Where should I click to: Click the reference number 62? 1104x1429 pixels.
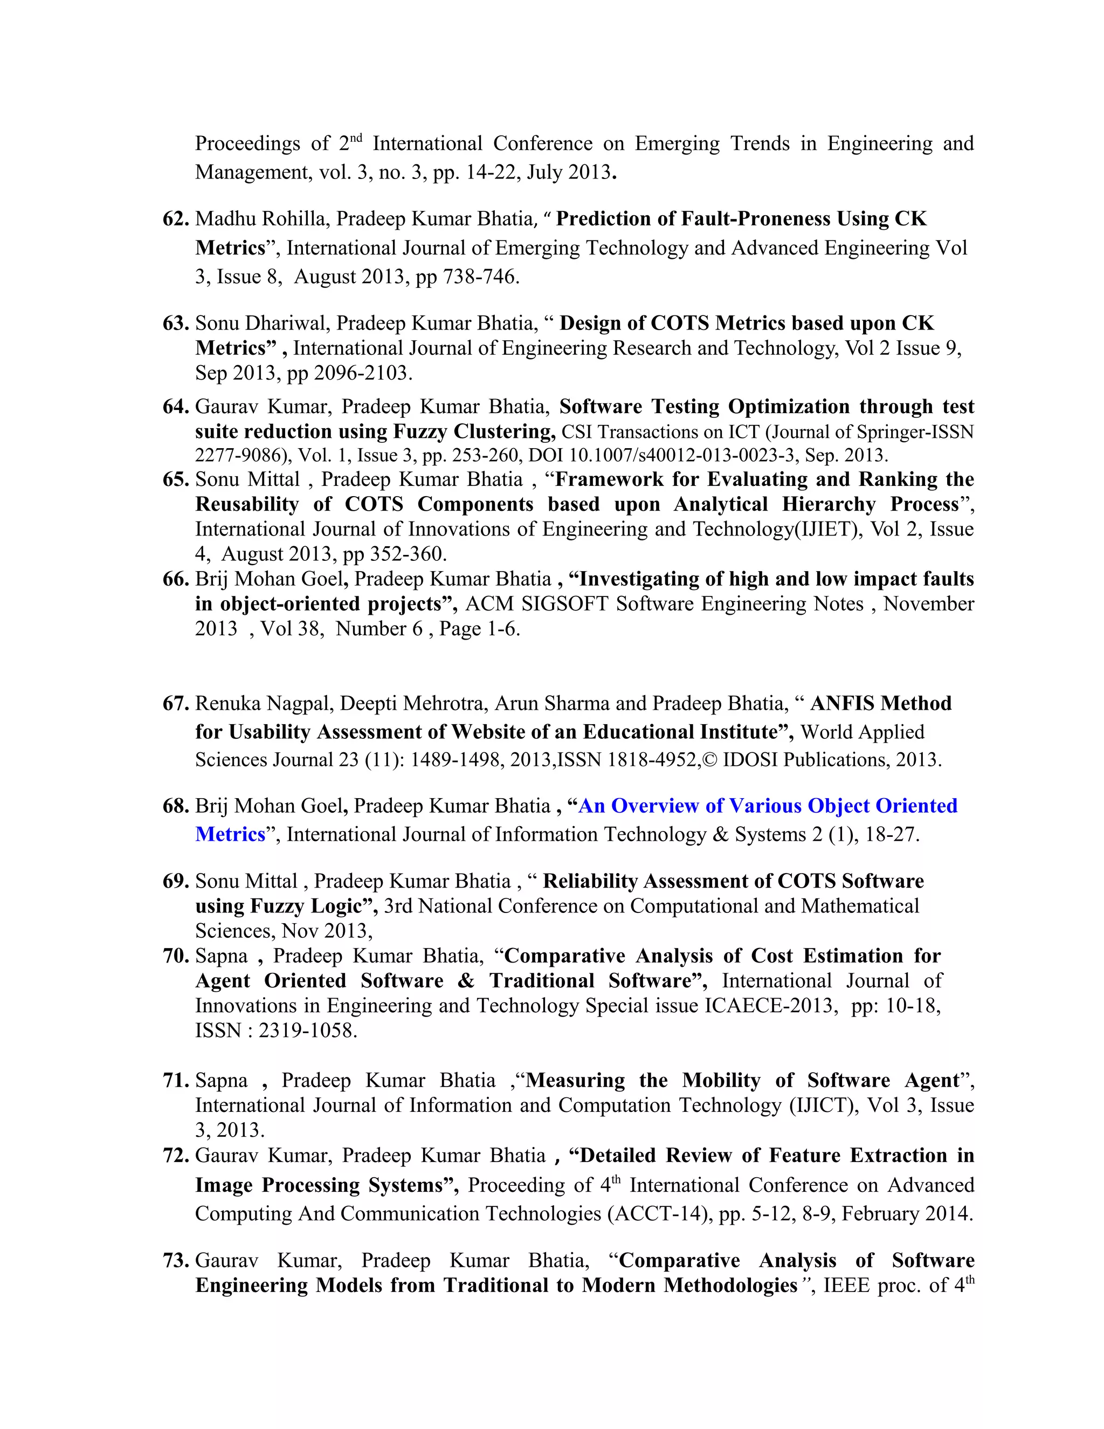pyautogui.click(x=175, y=218)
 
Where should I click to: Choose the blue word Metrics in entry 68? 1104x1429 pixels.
pyautogui.click(x=230, y=835)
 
